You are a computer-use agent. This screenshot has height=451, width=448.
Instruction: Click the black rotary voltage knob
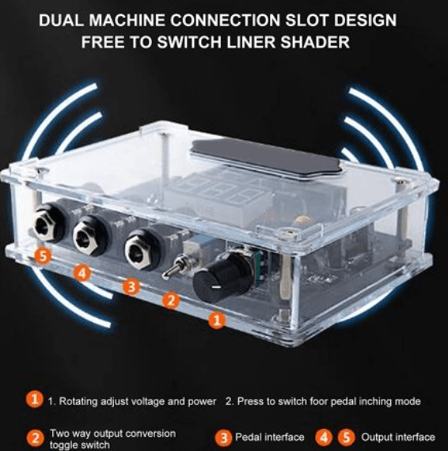(x=211, y=280)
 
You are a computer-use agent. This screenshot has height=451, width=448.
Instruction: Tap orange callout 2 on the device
(x=169, y=300)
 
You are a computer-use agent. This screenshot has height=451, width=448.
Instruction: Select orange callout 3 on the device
(x=132, y=286)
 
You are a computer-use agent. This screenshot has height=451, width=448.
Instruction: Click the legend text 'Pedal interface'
(x=269, y=437)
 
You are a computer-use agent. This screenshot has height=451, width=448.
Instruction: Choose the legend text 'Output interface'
(x=397, y=437)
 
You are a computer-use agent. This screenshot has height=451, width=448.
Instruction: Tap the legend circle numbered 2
(x=36, y=437)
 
